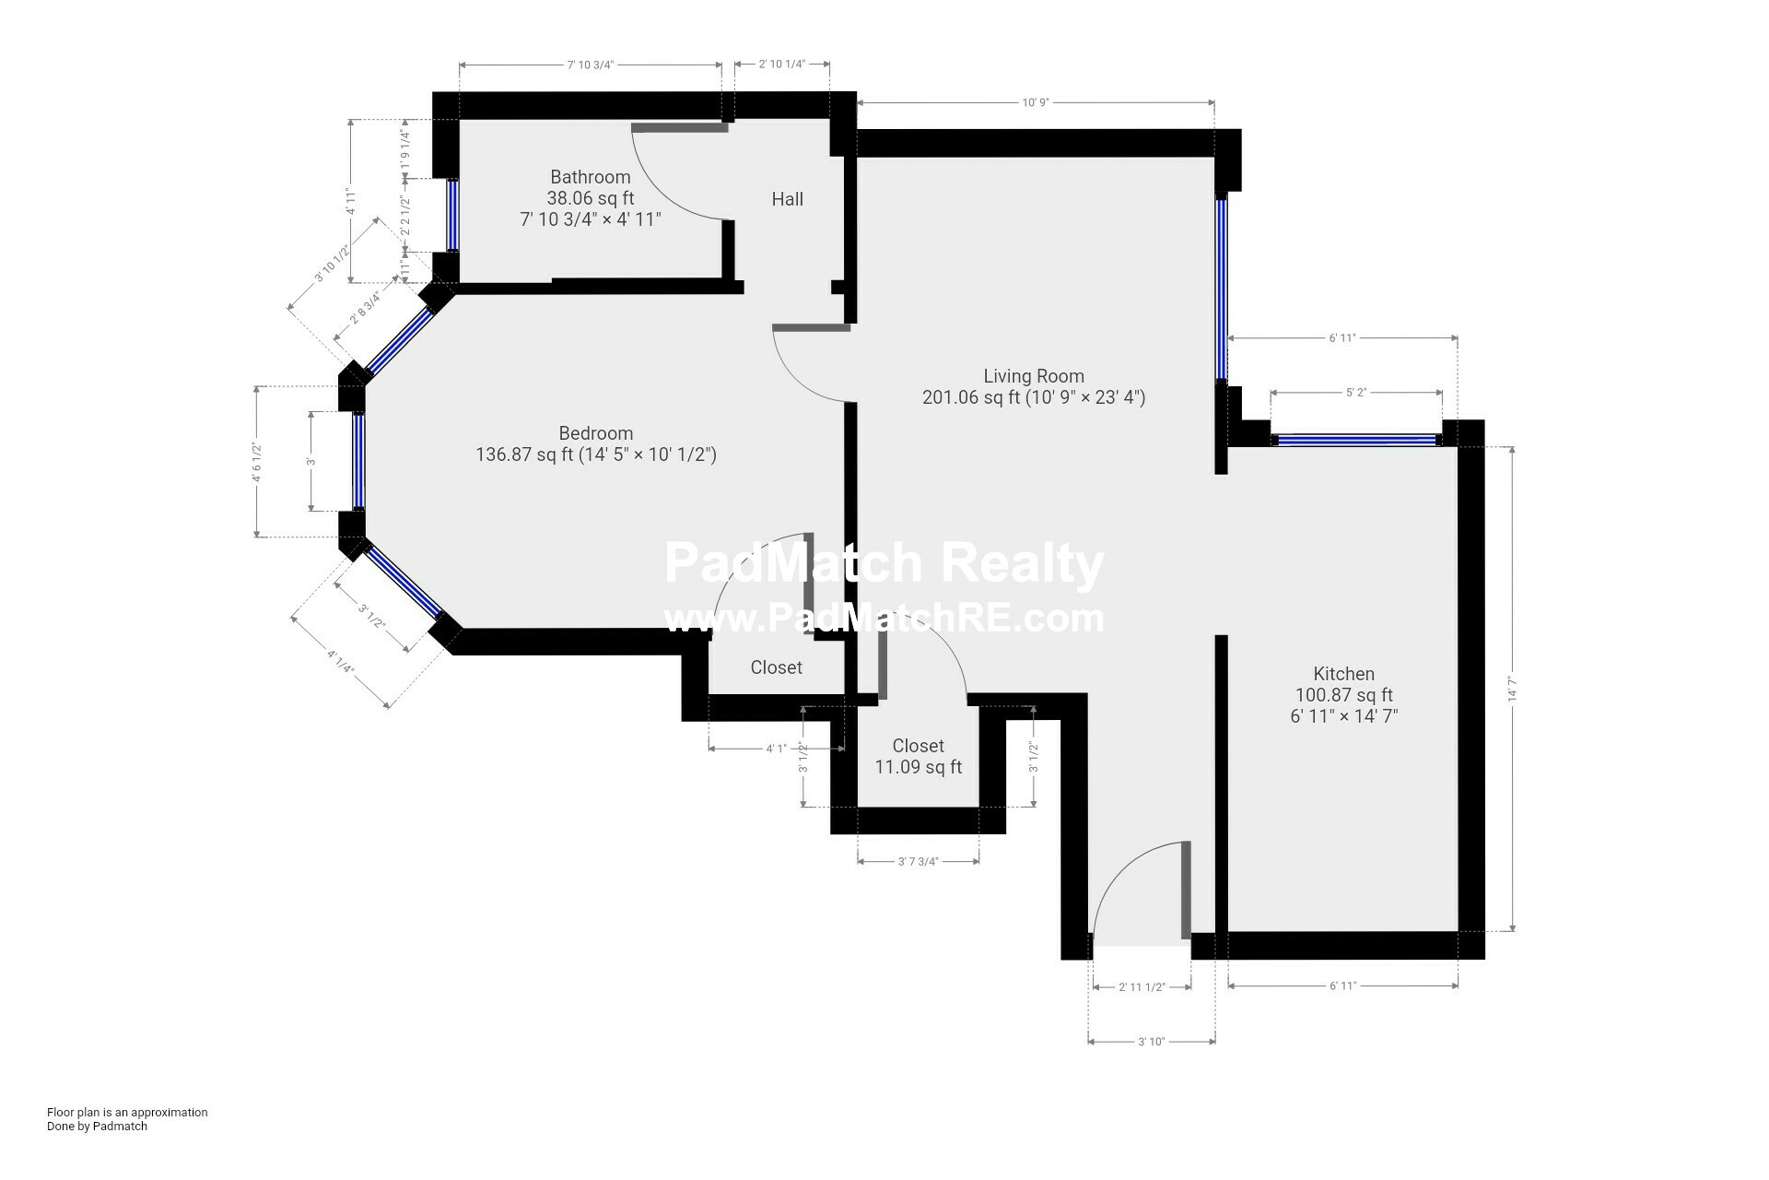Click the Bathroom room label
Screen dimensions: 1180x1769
pyautogui.click(x=591, y=177)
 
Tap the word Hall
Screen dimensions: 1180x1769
pyautogui.click(x=787, y=199)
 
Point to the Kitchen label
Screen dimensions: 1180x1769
pyautogui.click(x=1343, y=674)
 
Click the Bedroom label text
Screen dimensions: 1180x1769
pyautogui.click(x=595, y=433)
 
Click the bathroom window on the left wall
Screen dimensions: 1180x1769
pyautogui.click(x=452, y=214)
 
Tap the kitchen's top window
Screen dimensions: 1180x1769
pyautogui.click(x=1356, y=441)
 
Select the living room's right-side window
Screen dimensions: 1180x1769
pyautogui.click(x=1221, y=288)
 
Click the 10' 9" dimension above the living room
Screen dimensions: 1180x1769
pyautogui.click(x=1035, y=102)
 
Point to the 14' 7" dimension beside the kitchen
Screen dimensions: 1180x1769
pyautogui.click(x=1512, y=690)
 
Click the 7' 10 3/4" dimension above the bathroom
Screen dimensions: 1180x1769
pyautogui.click(x=590, y=65)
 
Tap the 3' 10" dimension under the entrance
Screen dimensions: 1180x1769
pyautogui.click(x=1151, y=1042)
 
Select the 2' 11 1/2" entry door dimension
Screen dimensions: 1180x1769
pyautogui.click(x=1142, y=987)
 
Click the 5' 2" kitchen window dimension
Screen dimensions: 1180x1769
pyautogui.click(x=1355, y=393)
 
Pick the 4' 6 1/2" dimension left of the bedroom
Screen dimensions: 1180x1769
pyautogui.click(x=258, y=462)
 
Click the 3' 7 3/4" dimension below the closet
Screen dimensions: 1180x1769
pyautogui.click(x=918, y=862)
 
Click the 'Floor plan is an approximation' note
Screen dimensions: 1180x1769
pyautogui.click(x=127, y=1112)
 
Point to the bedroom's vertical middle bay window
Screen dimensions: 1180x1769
pyautogui.click(x=358, y=461)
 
